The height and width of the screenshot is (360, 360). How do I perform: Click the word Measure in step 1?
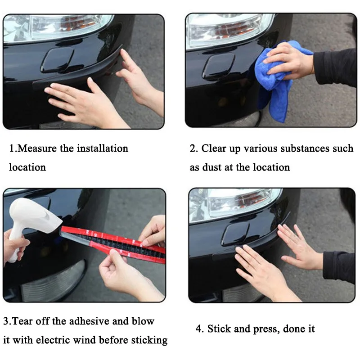point(37,148)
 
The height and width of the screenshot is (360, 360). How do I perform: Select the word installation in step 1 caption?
point(103,148)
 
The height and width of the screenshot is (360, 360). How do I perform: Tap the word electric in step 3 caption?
point(53,340)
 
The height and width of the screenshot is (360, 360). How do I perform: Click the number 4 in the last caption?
point(199,329)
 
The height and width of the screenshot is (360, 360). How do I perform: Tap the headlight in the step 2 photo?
point(229,30)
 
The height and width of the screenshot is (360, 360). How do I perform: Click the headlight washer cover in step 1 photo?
point(58,60)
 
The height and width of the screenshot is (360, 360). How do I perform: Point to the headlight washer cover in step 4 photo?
point(235,234)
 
